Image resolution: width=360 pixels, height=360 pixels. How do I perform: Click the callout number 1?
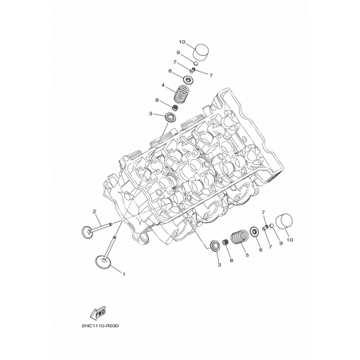[123, 274]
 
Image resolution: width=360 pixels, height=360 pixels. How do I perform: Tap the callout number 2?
[94, 212]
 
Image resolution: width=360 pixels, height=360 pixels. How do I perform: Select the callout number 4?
[163, 85]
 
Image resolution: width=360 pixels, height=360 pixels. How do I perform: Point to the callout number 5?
[247, 255]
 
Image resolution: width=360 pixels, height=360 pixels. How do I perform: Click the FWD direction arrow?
[98, 313]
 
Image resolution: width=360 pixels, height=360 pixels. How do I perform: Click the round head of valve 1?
[103, 261]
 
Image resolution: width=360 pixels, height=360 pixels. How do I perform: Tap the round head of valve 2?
[88, 231]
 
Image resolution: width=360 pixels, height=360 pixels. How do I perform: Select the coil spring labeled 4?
[181, 93]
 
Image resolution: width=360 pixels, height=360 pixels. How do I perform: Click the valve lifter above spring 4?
[201, 52]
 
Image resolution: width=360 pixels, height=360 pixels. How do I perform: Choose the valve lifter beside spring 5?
[284, 221]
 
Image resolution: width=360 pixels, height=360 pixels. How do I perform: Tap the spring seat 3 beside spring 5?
[215, 245]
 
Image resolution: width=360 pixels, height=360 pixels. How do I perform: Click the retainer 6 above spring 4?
[188, 80]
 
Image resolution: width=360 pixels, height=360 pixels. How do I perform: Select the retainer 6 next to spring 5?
[254, 232]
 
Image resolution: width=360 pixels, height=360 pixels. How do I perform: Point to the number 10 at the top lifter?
[182, 42]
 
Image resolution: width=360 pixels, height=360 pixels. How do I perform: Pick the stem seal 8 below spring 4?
[175, 108]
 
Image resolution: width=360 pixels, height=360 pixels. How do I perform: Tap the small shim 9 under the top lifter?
[196, 63]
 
